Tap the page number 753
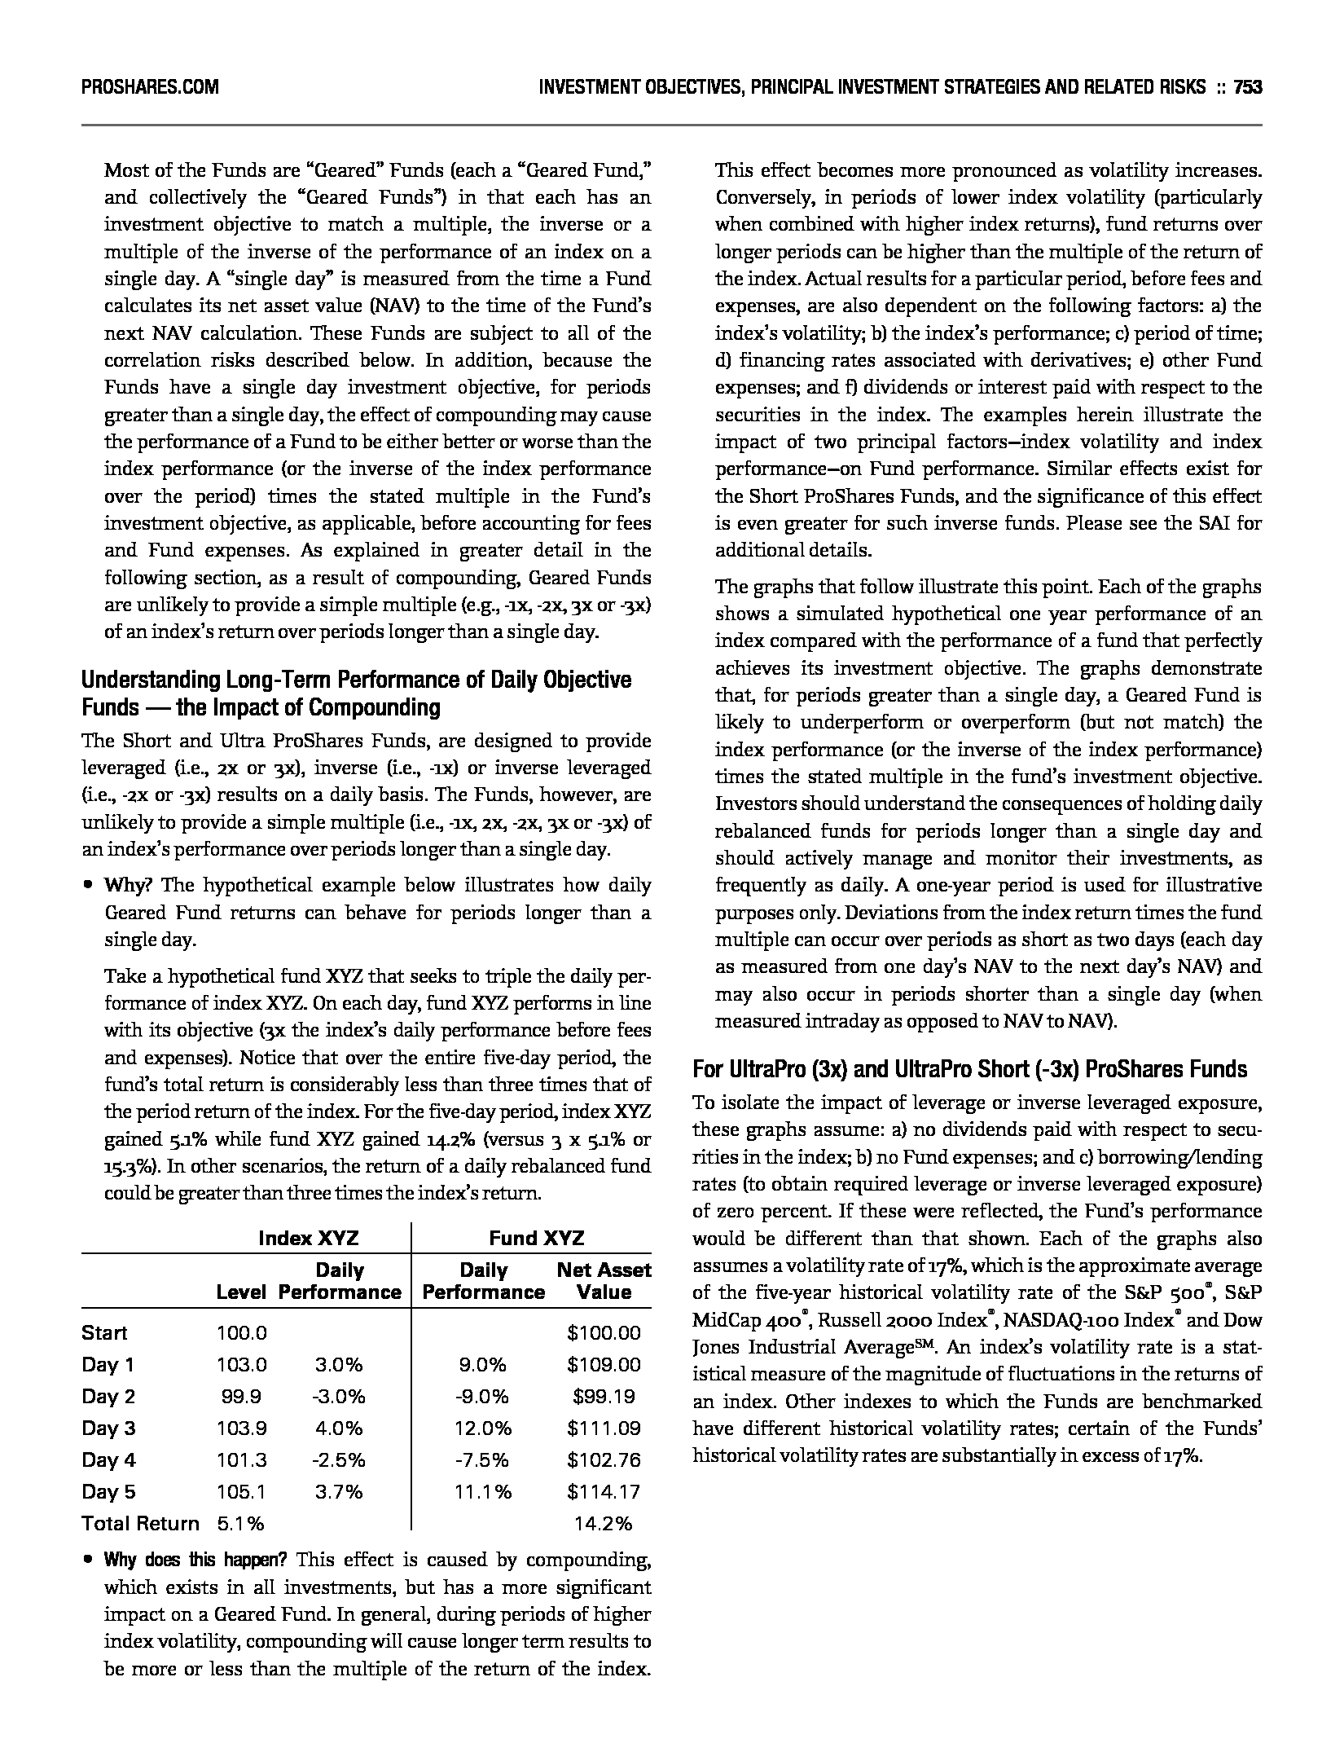coord(1247,86)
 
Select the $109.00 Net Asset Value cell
coord(604,1364)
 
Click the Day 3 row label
coord(108,1428)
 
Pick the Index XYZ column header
coord(308,1239)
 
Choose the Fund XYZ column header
coord(536,1239)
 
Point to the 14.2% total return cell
coord(604,1523)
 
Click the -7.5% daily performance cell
coord(483,1459)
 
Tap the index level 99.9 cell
coord(241,1396)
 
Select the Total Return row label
coord(140,1523)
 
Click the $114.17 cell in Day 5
coord(604,1491)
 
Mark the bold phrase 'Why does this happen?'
coord(195,1560)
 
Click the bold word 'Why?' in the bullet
coord(127,885)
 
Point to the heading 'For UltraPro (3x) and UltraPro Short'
coord(969,1068)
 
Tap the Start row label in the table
coord(104,1332)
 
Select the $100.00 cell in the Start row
coord(604,1332)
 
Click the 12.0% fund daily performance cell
coord(483,1428)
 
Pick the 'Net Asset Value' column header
coord(604,1281)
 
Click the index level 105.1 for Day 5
coord(241,1491)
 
